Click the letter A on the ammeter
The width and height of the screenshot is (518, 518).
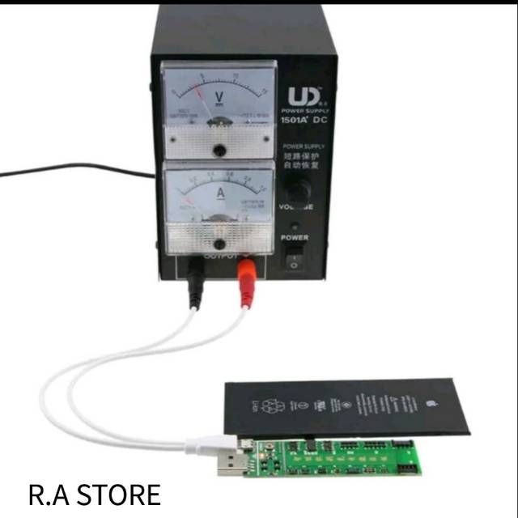219,193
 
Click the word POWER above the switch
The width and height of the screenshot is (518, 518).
294,238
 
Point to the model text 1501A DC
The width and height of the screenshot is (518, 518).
304,121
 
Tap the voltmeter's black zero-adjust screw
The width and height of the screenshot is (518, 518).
219,150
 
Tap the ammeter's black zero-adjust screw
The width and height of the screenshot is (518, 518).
219,244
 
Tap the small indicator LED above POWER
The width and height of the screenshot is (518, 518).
295,226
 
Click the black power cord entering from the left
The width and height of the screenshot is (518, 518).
73,168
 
